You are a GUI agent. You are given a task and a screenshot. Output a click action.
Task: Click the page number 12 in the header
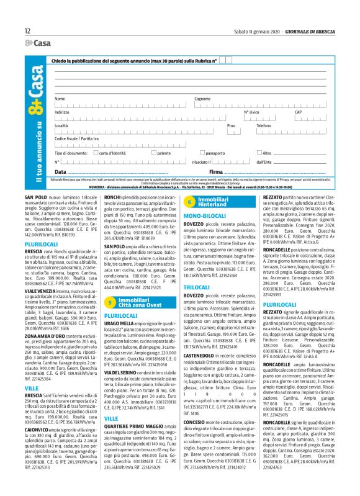coord(27,30)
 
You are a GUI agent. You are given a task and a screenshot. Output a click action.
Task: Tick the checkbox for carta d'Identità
coord(78,152)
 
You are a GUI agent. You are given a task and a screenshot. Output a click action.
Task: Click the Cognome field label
coord(202,99)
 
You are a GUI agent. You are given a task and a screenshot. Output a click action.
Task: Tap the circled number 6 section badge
coord(190,201)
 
